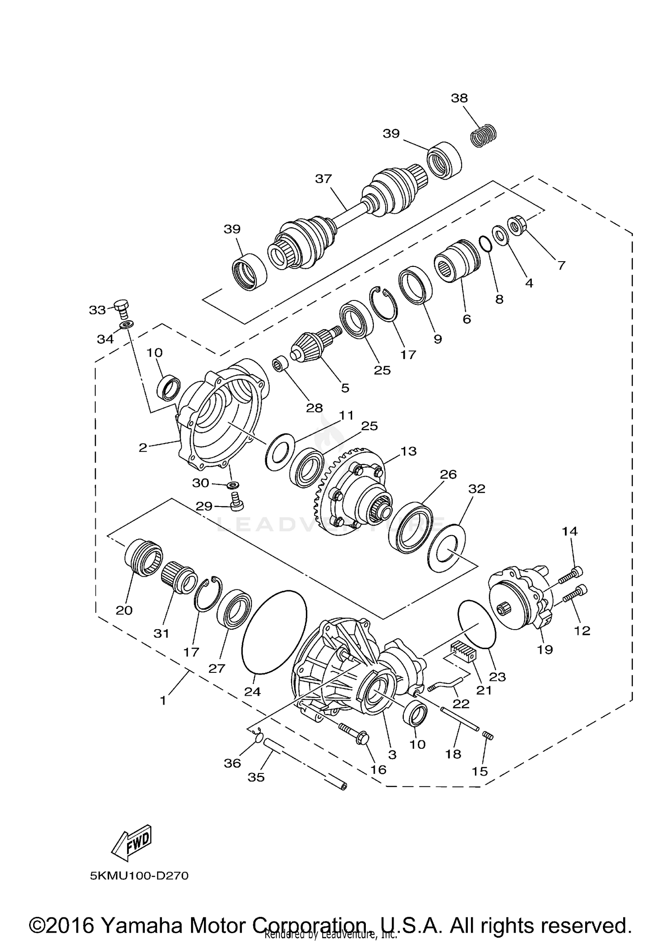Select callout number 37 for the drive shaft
[323, 179]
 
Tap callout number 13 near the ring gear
[409, 451]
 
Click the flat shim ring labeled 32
[446, 548]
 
